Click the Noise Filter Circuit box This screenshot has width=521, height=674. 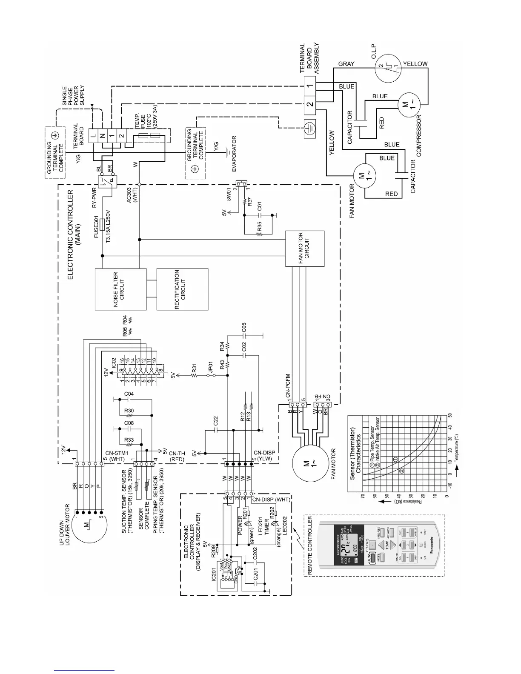click(120, 289)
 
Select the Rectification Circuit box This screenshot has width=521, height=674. click(182, 289)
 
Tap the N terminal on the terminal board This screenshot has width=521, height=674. click(102, 136)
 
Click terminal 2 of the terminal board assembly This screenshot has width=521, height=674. click(310, 104)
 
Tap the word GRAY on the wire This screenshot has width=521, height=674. click(346, 64)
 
